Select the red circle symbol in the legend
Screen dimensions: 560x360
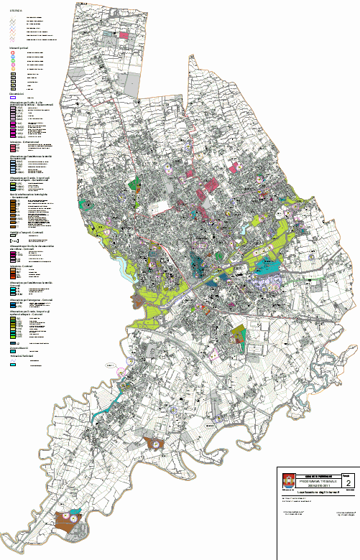click(x=14, y=53)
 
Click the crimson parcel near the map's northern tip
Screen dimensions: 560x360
click(x=123, y=34)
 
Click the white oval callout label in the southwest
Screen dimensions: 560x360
click(x=111, y=365)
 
